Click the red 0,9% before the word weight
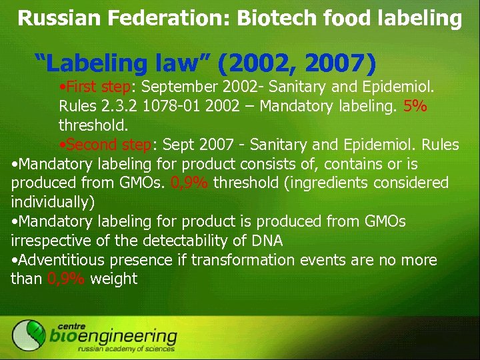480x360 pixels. pyautogui.click(x=65, y=279)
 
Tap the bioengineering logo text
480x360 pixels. pyautogui.click(x=113, y=336)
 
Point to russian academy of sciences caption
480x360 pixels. pyautogui.click(x=126, y=349)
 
